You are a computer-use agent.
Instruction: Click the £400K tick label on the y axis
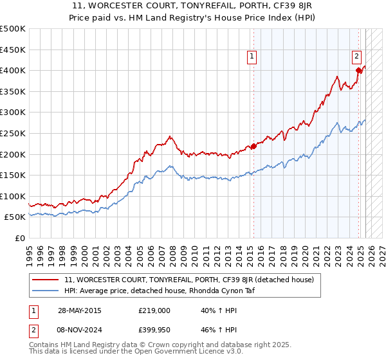(x=13, y=70)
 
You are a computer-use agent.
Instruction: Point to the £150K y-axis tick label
(x=13, y=175)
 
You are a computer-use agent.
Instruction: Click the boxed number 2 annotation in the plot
(x=356, y=56)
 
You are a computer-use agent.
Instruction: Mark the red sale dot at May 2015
(x=253, y=146)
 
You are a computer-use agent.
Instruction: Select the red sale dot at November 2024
(x=358, y=70)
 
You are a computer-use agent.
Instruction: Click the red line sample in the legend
(x=46, y=280)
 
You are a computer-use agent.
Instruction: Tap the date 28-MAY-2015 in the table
(x=79, y=310)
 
